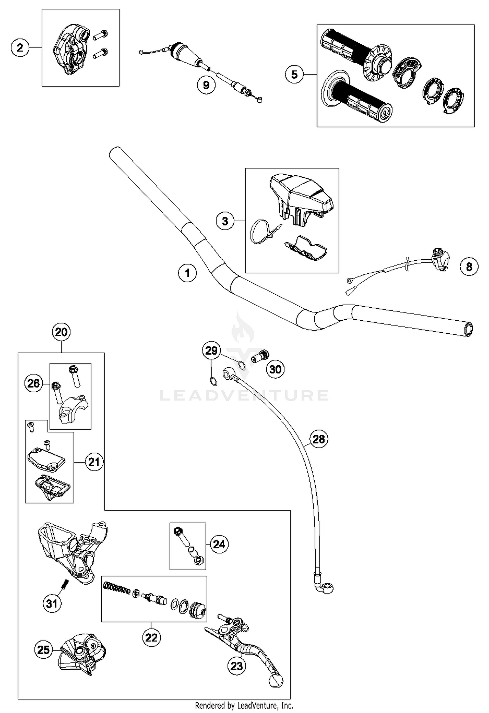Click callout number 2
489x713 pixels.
(x=20, y=48)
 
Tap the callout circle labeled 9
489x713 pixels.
(x=206, y=85)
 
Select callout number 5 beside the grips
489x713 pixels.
(x=294, y=75)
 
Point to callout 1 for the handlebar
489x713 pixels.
(x=187, y=273)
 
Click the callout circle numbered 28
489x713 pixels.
(x=319, y=439)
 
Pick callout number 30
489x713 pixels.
(x=275, y=369)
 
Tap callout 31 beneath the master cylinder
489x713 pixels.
(x=52, y=604)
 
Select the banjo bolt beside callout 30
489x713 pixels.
(x=260, y=357)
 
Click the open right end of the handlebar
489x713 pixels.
(x=468, y=329)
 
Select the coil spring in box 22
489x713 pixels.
(x=116, y=588)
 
